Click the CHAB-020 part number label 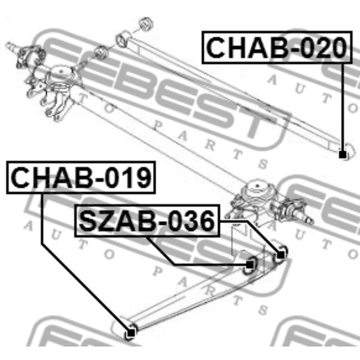pyautogui.click(x=277, y=47)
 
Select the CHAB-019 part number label pyautogui.click(x=81, y=177)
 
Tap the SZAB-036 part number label pyautogui.click(x=147, y=221)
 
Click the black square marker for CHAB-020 pyautogui.click(x=343, y=154)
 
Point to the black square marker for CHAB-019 pyautogui.click(x=131, y=332)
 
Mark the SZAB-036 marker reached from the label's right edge pyautogui.click(x=281, y=255)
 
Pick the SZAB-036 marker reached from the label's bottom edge pyautogui.click(x=250, y=265)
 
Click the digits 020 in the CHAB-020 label pyautogui.click(x=323, y=47)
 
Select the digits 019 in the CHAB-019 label pyautogui.click(x=128, y=177)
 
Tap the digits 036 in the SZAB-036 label pyautogui.click(x=192, y=221)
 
